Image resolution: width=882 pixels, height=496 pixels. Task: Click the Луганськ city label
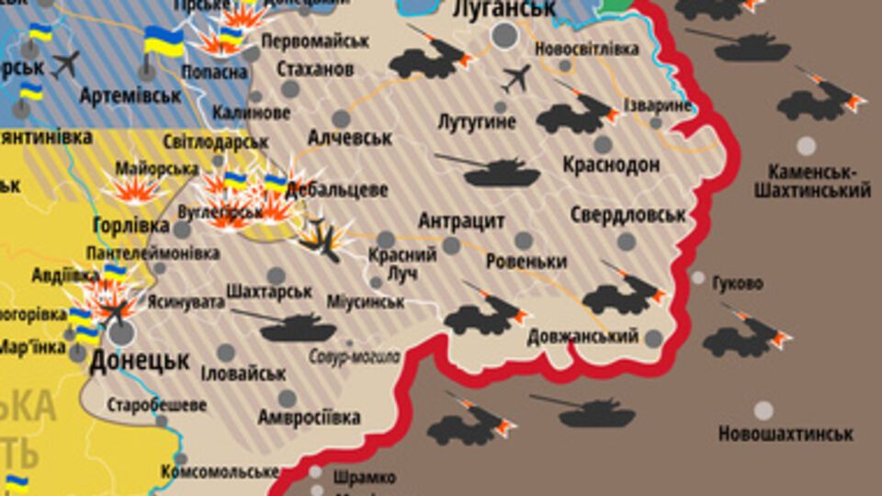pos(504,10)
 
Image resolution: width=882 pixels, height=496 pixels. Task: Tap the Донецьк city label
pos(140,359)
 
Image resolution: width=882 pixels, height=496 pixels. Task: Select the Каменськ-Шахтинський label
pos(812,182)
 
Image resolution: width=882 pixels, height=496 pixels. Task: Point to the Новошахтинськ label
pos(786,434)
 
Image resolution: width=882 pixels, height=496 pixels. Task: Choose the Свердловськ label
pos(628,216)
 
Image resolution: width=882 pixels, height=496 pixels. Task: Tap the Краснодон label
pos(611,164)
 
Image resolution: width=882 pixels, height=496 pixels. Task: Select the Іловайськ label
pos(243,374)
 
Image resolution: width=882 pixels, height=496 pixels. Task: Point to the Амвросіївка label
pos(309,418)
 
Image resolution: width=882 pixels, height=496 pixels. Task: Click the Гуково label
pos(738,284)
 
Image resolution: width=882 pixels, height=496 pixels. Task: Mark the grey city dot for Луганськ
pos(504,36)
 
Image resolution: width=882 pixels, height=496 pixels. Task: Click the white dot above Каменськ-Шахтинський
pos(806,145)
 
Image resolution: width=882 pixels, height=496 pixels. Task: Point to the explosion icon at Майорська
pos(135,187)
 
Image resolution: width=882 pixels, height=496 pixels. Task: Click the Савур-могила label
pos(355,356)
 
